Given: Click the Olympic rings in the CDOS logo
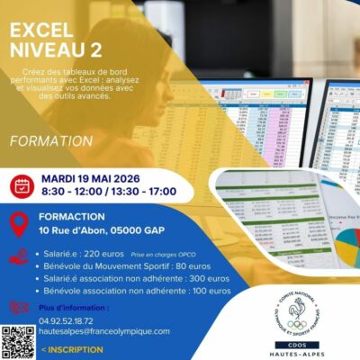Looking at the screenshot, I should click(x=296, y=324).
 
